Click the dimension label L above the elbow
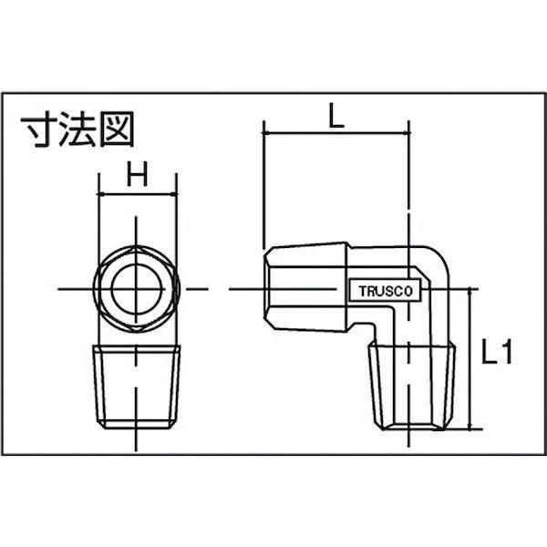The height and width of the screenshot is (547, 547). pyautogui.click(x=335, y=115)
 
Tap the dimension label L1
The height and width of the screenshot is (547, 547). pyautogui.click(x=497, y=352)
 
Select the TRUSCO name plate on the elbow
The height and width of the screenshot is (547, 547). pyautogui.click(x=386, y=290)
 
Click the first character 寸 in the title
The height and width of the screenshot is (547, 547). pyautogui.click(x=38, y=129)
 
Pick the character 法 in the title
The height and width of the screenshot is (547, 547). pyautogui.click(x=77, y=129)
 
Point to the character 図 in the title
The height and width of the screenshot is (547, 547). pyautogui.click(x=118, y=129)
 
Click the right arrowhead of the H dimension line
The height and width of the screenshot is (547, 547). pyautogui.click(x=173, y=194)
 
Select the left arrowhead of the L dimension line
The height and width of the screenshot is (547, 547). pyautogui.click(x=267, y=133)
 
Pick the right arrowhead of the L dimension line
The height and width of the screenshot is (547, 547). pyautogui.click(x=406, y=133)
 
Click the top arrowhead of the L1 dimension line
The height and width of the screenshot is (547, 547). pyautogui.click(x=470, y=293)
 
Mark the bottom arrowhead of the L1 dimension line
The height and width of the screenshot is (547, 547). pyautogui.click(x=470, y=425)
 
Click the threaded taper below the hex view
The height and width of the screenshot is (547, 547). pyautogui.click(x=137, y=387)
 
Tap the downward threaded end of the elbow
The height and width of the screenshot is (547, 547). pyautogui.click(x=412, y=387)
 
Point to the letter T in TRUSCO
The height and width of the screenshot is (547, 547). pyautogui.click(x=363, y=292)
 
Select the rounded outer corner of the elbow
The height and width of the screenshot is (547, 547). pyautogui.click(x=440, y=257)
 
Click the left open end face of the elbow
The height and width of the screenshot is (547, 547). pyautogui.click(x=267, y=288)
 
